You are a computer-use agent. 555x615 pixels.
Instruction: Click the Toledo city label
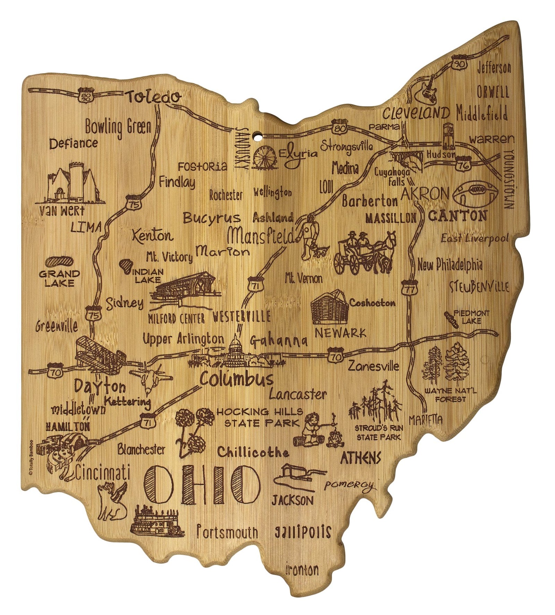(x=153, y=97)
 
